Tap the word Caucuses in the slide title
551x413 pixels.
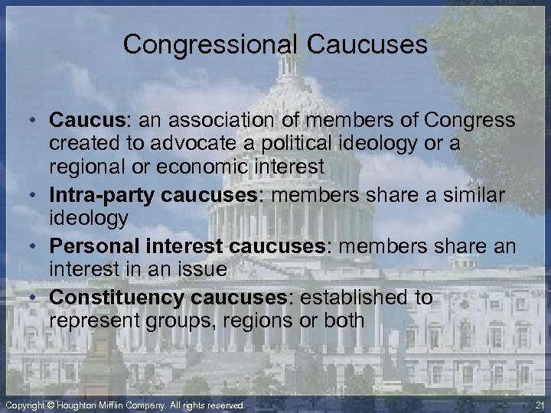367,44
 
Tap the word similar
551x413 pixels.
466,197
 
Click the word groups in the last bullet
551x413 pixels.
178,320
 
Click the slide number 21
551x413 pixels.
539,404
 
